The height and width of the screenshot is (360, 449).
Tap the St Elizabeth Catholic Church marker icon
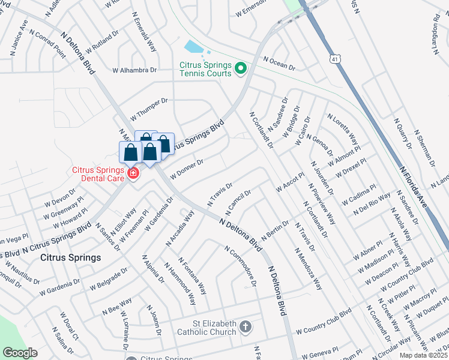245,327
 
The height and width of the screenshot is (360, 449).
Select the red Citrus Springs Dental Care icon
132,174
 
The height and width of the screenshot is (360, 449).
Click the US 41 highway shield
334,59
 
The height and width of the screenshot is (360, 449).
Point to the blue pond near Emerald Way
193,47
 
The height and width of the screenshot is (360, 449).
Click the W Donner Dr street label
187,169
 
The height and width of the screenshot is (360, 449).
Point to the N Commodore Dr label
240,265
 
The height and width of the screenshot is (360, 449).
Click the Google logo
19,353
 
